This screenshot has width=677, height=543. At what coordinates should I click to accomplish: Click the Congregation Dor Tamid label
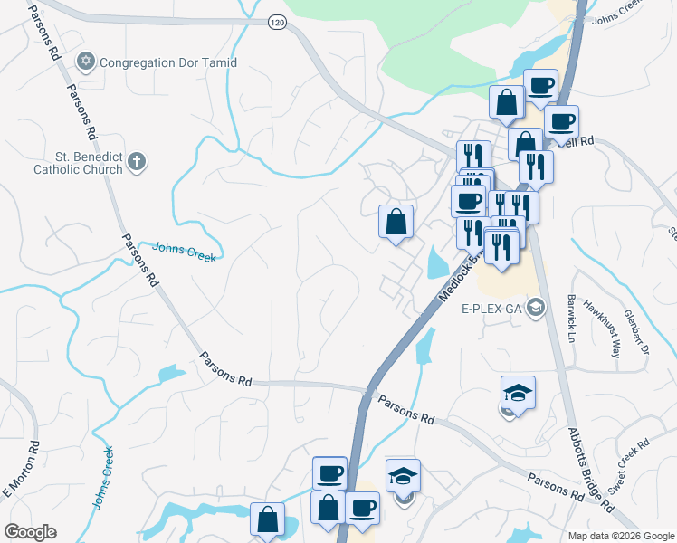168,62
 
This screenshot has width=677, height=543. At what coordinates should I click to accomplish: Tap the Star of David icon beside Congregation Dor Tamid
86,62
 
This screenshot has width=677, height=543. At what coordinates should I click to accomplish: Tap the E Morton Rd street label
22,469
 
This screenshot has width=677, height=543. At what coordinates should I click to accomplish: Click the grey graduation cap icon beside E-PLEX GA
537,308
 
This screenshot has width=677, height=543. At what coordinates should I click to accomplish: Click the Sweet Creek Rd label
629,466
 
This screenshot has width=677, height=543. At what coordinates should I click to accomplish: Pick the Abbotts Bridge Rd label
588,471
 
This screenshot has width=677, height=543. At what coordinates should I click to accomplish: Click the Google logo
30,532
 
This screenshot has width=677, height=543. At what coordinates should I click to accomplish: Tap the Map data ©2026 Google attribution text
620,536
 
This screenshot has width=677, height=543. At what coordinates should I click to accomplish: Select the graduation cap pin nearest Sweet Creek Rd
518,395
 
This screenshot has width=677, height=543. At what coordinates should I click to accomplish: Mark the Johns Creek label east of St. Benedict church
185,251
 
